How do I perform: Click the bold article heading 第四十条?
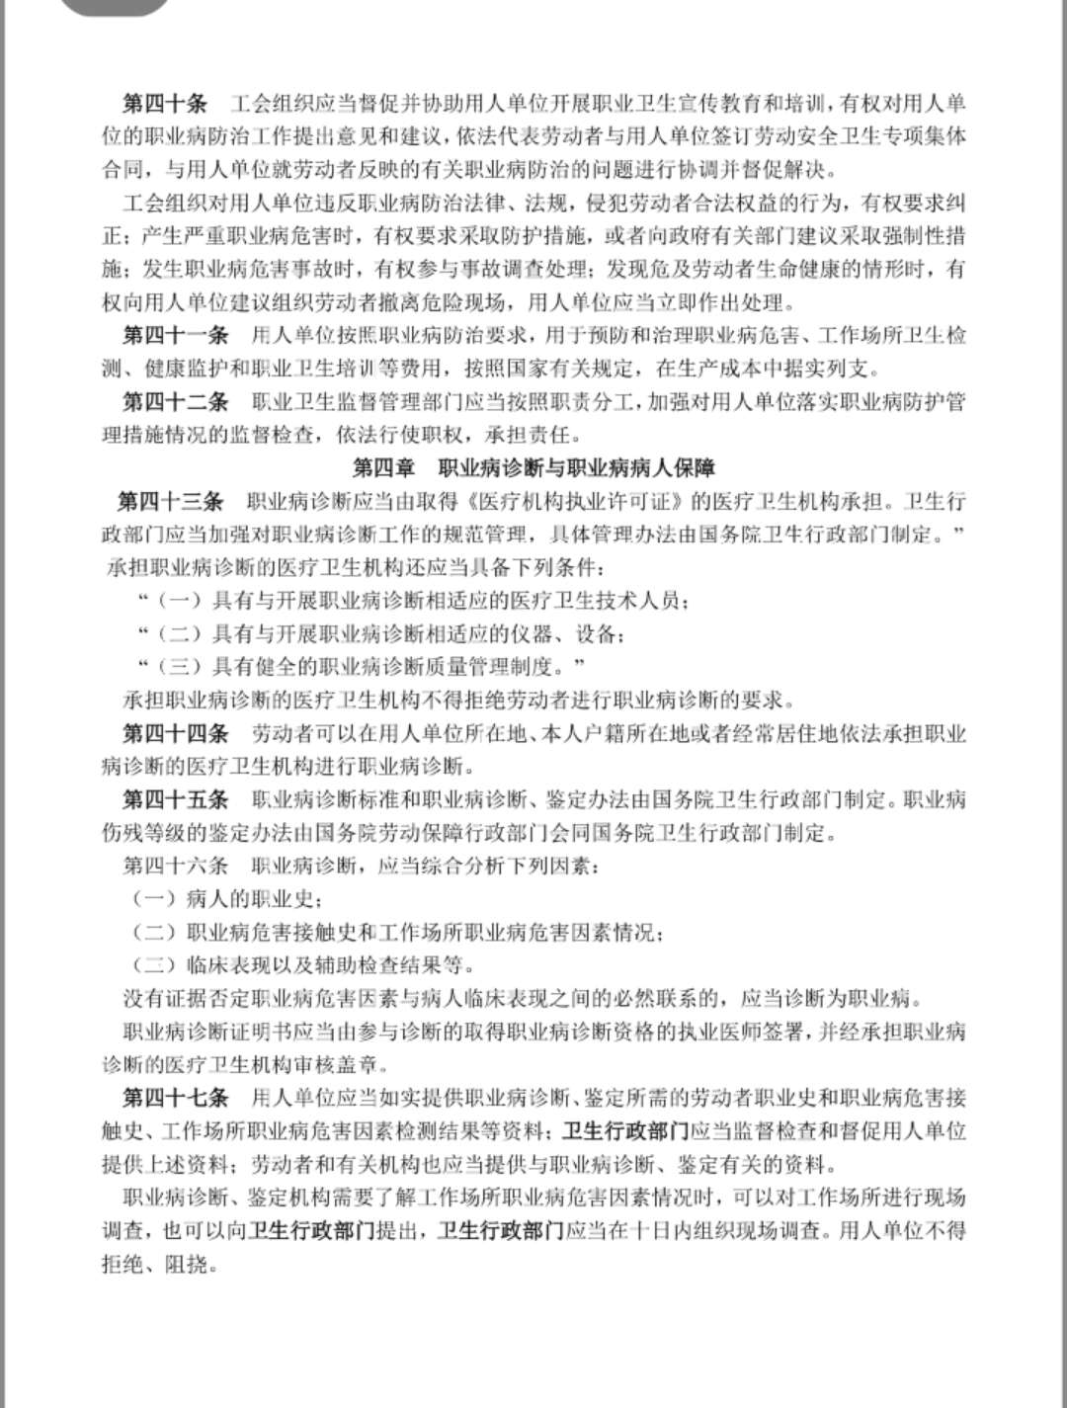click(164, 103)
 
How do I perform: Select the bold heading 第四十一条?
click(175, 335)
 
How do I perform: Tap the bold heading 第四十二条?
click(175, 402)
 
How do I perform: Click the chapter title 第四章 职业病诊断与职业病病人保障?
click(533, 467)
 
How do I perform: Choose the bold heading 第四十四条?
click(175, 733)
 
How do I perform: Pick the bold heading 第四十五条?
click(175, 799)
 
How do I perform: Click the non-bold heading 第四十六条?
click(175, 866)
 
